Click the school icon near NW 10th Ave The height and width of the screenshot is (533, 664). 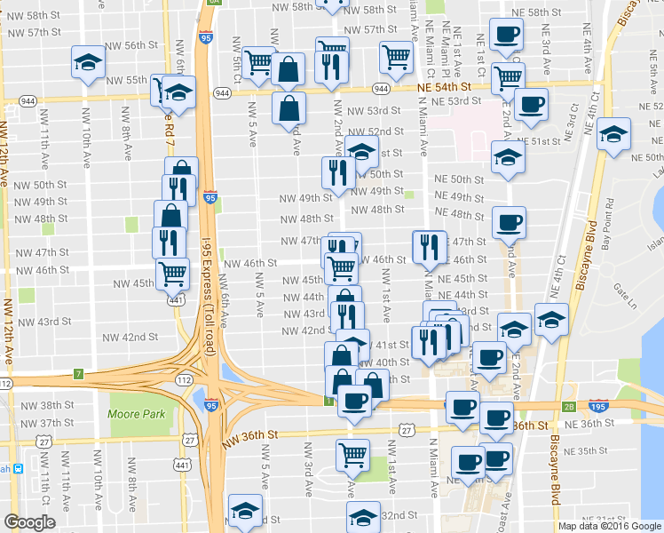[88, 62]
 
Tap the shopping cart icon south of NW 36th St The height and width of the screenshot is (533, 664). [353, 454]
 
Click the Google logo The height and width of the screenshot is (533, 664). [29, 521]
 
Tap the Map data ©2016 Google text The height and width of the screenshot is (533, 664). [608, 526]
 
